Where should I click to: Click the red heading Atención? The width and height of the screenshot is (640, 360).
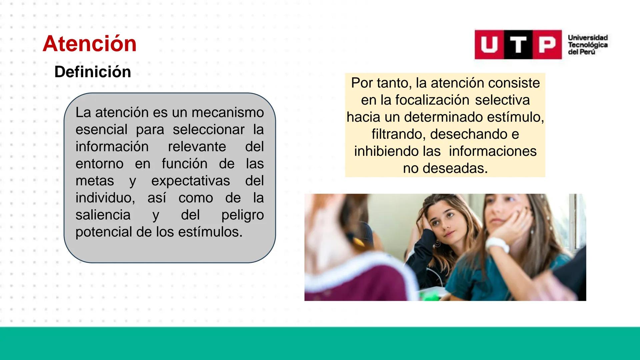[x=90, y=44]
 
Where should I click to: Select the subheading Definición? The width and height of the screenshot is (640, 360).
[x=93, y=72]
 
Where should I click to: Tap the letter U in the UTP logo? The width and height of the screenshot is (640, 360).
[x=489, y=45]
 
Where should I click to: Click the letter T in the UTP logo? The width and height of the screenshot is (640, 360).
[x=518, y=45]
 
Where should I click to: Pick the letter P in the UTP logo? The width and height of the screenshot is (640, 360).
[x=547, y=45]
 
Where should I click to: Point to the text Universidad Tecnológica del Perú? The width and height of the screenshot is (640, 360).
[x=588, y=45]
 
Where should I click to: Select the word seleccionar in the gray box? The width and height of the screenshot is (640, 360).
[x=208, y=129]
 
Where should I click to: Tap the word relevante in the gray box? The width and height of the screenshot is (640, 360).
[x=197, y=147]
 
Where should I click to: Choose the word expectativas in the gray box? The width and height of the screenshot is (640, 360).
[x=190, y=181]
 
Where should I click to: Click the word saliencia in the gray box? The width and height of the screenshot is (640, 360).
[x=103, y=215]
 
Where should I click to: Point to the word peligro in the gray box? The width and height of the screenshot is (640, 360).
[x=242, y=215]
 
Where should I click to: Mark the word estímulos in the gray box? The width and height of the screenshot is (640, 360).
[x=210, y=232]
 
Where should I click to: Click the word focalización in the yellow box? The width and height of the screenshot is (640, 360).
[x=432, y=100]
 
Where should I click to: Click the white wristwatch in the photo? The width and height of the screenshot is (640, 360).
[x=498, y=245]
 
